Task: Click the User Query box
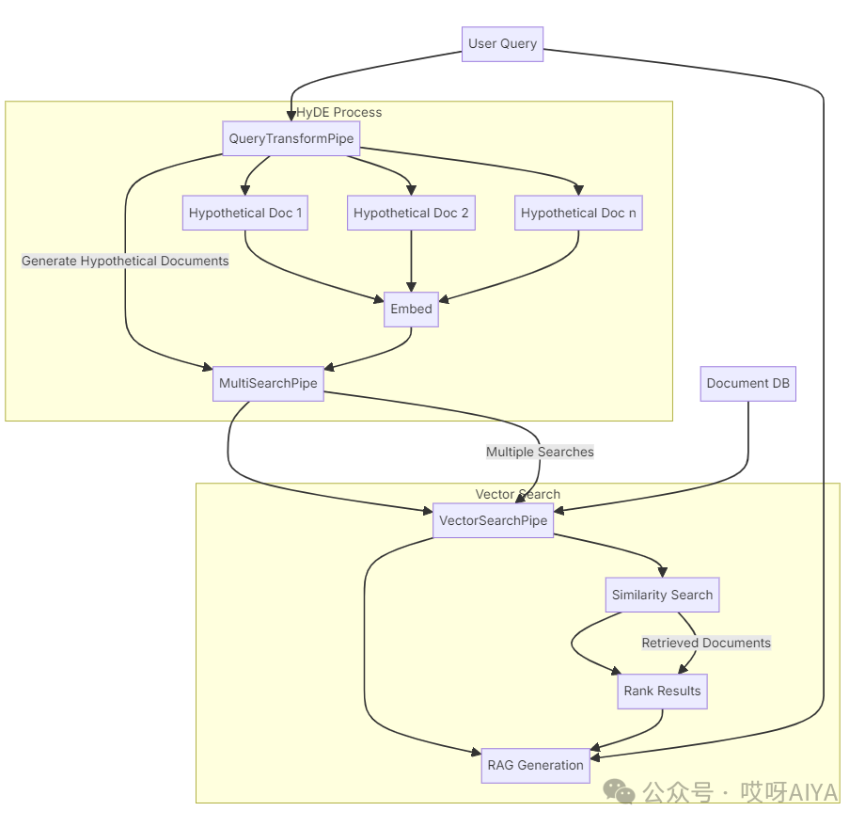point(503,44)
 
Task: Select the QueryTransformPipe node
point(291,139)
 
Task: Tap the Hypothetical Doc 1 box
point(245,214)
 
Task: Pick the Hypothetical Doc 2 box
point(411,214)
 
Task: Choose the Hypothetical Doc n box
point(578,214)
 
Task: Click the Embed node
point(411,310)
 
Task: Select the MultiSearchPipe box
point(268,384)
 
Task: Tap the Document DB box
point(748,384)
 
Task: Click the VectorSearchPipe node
point(493,521)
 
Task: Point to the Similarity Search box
point(662,596)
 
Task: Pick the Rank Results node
point(662,692)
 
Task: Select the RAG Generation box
point(535,766)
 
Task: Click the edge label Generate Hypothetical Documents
point(125,261)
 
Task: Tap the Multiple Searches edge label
point(540,452)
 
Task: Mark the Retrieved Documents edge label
point(706,644)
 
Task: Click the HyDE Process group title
point(339,112)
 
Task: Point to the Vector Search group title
point(517,494)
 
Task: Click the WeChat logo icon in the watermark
point(620,792)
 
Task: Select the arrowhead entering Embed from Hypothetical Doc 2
point(411,287)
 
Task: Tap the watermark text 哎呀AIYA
point(788,793)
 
